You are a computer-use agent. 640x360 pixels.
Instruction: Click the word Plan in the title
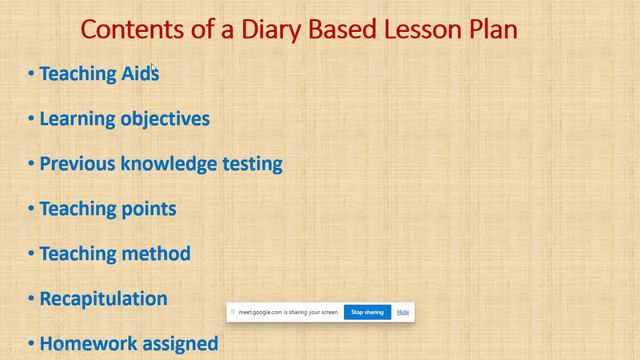(x=493, y=29)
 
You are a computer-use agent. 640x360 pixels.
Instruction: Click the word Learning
(x=77, y=118)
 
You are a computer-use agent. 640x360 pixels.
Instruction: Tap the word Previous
(x=77, y=163)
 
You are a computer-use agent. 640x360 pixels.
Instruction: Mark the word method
(x=156, y=253)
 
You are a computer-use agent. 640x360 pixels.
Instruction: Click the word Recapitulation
(x=103, y=298)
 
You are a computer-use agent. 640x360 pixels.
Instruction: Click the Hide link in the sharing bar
(x=403, y=312)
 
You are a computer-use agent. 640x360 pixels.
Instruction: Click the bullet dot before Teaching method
(x=31, y=254)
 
